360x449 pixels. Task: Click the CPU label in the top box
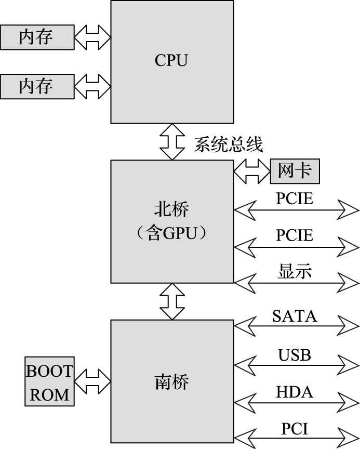click(x=171, y=61)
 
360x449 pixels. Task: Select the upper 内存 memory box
click(x=36, y=37)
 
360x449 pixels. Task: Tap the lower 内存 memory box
click(x=36, y=86)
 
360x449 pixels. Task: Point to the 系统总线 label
click(x=229, y=144)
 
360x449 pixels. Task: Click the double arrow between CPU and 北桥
click(x=172, y=142)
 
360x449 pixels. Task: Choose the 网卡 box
click(x=295, y=171)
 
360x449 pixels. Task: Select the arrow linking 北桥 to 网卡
click(x=252, y=171)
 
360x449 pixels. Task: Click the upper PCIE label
click(x=295, y=199)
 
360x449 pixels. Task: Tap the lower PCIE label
click(x=295, y=235)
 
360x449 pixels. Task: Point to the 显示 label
click(x=295, y=271)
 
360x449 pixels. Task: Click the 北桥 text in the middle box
click(x=171, y=209)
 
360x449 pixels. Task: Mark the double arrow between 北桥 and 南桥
click(x=172, y=301)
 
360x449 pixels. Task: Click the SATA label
click(x=295, y=315)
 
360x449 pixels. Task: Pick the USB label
click(x=295, y=355)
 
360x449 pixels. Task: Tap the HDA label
click(x=295, y=392)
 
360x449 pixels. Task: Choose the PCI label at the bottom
click(x=295, y=429)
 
